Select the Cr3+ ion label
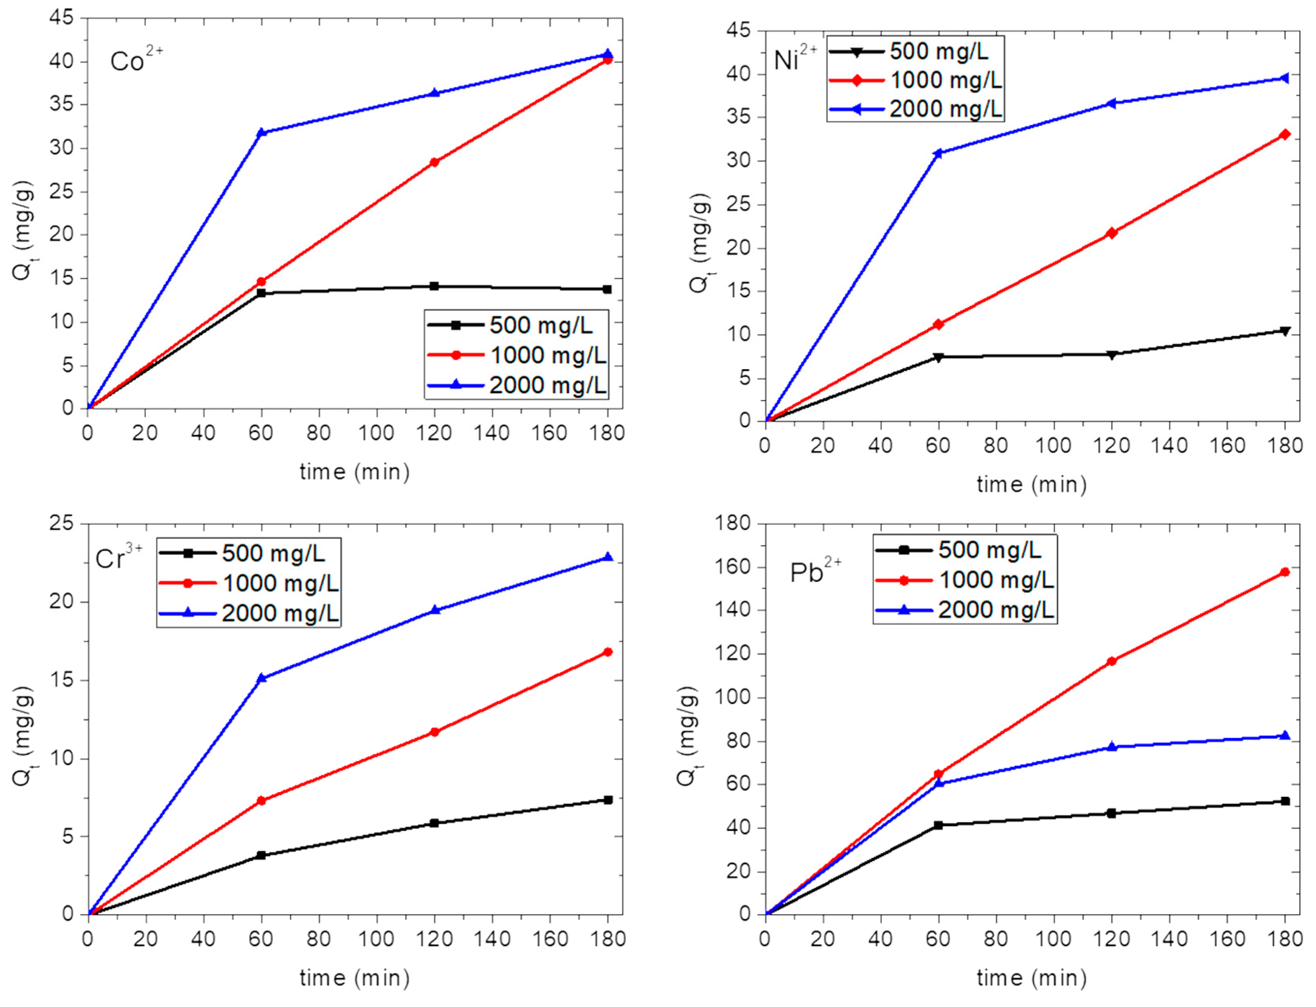tap(119, 558)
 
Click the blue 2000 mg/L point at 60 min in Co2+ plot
tap(261, 132)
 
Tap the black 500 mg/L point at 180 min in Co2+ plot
tap(607, 290)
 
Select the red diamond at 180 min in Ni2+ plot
tap(1284, 135)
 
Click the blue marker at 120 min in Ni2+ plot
tap(1111, 104)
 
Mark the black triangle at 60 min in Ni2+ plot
tap(938, 357)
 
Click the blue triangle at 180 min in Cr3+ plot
tap(608, 558)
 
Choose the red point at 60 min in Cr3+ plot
tap(261, 801)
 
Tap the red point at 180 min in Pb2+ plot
tap(1284, 572)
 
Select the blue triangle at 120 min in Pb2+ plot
tap(1111, 747)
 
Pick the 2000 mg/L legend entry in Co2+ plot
tap(517, 385)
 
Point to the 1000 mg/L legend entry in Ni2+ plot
tap(916, 80)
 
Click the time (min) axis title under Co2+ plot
tap(354, 472)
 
